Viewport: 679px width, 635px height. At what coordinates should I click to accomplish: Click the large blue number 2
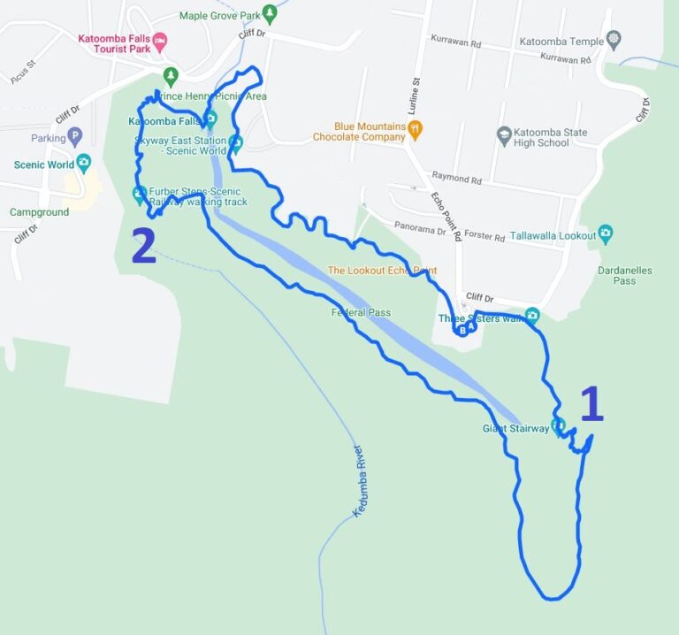click(x=143, y=246)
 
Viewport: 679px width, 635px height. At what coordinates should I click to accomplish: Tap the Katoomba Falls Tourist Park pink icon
click(x=160, y=41)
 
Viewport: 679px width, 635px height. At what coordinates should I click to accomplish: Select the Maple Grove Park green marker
click(x=270, y=14)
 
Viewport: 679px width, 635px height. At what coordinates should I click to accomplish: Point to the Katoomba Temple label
click(x=561, y=41)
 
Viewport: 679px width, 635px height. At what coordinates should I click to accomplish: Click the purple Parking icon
click(x=75, y=138)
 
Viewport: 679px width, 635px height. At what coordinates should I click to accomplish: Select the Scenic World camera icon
click(x=83, y=163)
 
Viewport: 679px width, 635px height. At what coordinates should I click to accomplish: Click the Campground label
click(x=39, y=212)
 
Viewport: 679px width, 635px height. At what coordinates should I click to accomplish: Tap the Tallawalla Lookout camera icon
click(x=606, y=233)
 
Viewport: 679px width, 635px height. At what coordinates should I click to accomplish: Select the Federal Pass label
click(x=361, y=312)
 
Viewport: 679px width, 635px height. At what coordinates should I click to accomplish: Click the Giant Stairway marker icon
click(x=558, y=426)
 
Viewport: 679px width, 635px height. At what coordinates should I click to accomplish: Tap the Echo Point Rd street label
click(x=446, y=216)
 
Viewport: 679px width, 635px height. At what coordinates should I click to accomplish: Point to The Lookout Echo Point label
click(x=382, y=271)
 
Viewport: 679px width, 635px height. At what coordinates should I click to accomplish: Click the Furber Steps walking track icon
click(x=140, y=193)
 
